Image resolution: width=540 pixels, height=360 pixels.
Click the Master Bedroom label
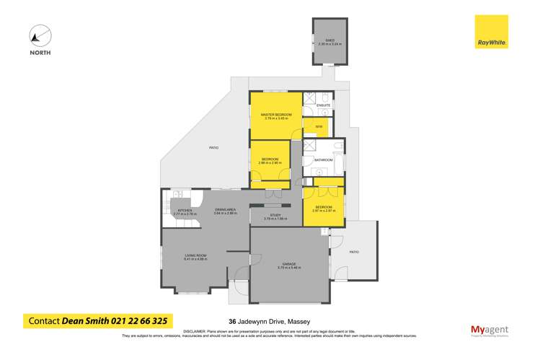coord(275,115)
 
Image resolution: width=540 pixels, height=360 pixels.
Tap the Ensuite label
coord(323,105)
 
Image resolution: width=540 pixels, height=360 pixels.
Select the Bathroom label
coord(324,159)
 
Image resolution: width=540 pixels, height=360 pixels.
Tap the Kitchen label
coord(185,211)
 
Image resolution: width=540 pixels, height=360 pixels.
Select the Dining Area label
coord(226,210)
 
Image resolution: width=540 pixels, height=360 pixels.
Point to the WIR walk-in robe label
coord(318,127)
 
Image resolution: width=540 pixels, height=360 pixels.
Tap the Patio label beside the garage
coord(354,252)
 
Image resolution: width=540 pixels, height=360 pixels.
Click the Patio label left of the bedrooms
coord(213,147)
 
